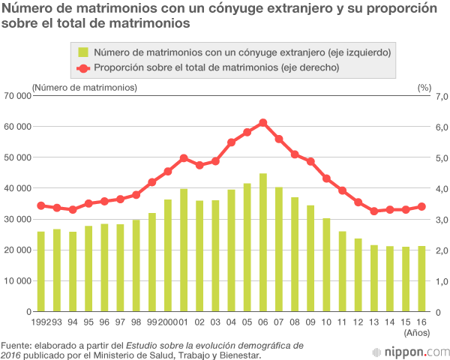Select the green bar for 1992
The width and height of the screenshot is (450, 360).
(x=41, y=271)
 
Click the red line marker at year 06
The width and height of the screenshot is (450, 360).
(x=263, y=123)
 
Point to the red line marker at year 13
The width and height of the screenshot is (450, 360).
(x=374, y=211)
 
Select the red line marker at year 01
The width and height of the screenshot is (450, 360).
(x=184, y=158)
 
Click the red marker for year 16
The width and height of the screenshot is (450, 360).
(x=421, y=207)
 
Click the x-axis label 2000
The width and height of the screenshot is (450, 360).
(x=168, y=322)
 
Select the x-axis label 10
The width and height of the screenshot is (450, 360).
(x=326, y=322)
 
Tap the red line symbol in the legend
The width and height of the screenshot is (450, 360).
(x=83, y=67)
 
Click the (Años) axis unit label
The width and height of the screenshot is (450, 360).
(x=417, y=331)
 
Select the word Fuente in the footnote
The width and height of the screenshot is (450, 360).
(x=16, y=345)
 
